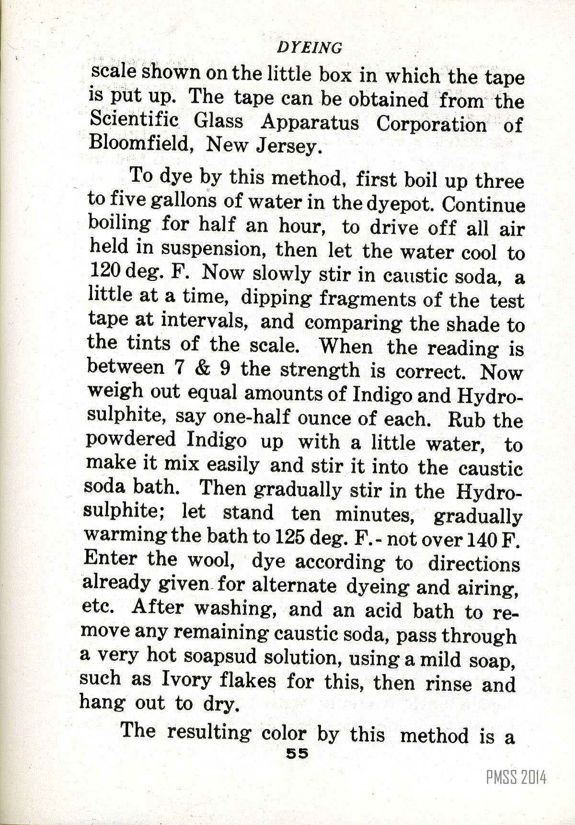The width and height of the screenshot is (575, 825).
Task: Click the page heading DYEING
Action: coord(310,47)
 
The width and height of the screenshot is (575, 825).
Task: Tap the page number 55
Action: coord(297,753)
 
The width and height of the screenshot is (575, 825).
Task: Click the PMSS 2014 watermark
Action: coord(516,777)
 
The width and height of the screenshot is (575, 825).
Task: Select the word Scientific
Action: coord(134,120)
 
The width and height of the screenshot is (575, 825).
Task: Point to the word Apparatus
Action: coord(310,123)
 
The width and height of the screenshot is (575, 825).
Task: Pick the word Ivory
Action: coord(186,680)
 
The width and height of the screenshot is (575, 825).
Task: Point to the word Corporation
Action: coord(431,125)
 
